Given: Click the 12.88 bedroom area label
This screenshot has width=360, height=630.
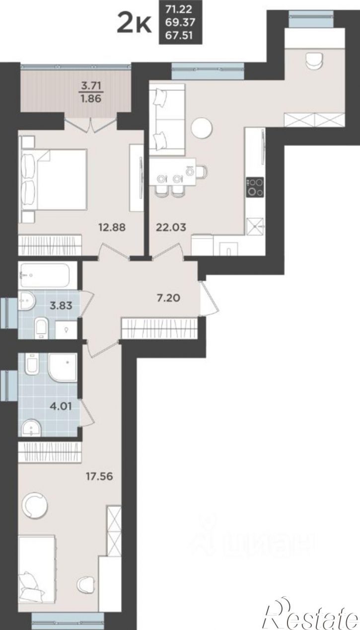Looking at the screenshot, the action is (x=112, y=227).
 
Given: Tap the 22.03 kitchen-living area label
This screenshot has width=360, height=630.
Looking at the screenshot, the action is (x=171, y=227).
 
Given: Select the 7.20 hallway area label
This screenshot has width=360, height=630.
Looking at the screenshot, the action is (x=169, y=298).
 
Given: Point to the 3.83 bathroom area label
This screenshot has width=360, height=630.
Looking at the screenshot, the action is (x=61, y=305).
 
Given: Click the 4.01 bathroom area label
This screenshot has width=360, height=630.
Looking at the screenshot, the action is (x=61, y=406).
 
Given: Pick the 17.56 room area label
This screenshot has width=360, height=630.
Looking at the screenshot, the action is (x=99, y=476).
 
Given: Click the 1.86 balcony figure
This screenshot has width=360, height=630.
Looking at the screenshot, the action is (x=91, y=99).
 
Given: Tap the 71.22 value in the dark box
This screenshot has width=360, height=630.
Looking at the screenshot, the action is (x=179, y=9).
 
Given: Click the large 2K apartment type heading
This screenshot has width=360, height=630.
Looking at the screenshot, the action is (x=134, y=22).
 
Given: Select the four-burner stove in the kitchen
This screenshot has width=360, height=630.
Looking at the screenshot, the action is (x=255, y=187).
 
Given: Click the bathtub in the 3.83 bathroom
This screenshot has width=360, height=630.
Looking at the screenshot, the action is (x=45, y=275).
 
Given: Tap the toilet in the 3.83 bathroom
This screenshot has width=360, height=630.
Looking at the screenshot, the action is (x=42, y=328).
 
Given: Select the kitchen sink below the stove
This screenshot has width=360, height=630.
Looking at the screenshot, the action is (x=255, y=227).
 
